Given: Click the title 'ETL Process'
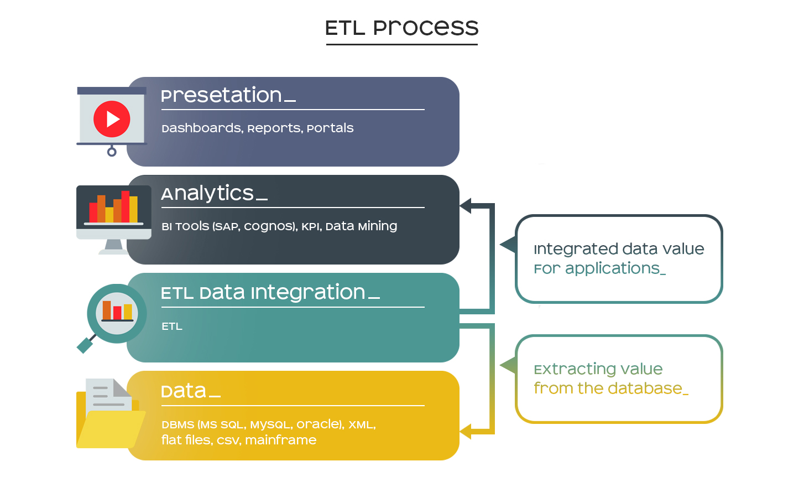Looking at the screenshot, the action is pos(401,28).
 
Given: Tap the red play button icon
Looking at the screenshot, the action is pos(112,119).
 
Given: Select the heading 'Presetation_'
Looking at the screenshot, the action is pos(228,95).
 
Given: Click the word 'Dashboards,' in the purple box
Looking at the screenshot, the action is pos(202,128).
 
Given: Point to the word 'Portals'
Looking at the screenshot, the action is pos(330,128).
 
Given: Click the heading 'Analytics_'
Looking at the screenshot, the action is pos(215,193).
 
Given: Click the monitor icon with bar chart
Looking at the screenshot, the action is pos(113,219).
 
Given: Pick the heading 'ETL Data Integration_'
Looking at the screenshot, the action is pos(270,292).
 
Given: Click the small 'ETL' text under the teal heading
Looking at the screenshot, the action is pos(172,327).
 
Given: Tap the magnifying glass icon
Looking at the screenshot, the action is pos(112,318).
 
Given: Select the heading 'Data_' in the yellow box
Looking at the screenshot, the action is pos(191,391).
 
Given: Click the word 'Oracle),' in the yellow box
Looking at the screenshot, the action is pos(320,424).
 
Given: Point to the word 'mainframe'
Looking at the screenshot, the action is pos(281,440).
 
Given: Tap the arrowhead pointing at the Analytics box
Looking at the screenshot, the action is pos(465,206).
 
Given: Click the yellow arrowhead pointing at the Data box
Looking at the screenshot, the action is pos(465,431).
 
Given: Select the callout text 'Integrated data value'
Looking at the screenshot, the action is pos(619,249).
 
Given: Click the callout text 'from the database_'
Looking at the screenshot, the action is pos(611,388).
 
